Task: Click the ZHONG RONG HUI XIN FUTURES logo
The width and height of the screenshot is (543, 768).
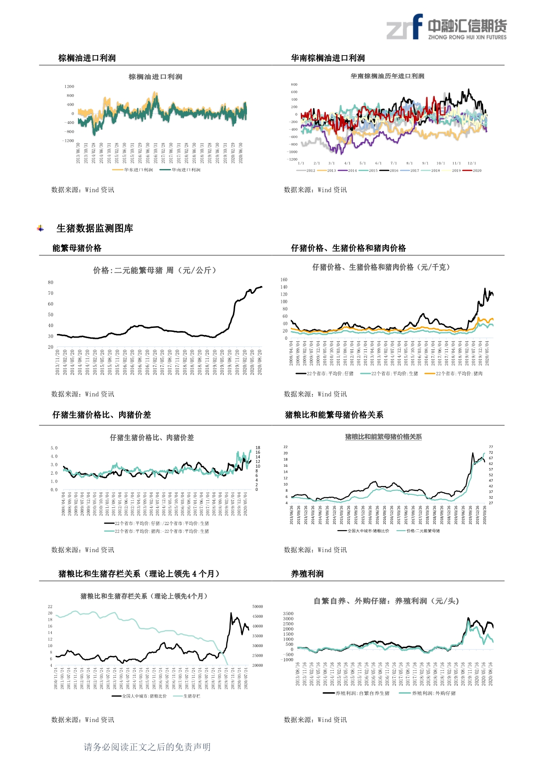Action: click(x=446, y=27)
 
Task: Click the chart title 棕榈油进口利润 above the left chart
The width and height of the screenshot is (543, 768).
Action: click(x=155, y=77)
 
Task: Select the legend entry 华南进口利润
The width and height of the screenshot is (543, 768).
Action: click(x=186, y=170)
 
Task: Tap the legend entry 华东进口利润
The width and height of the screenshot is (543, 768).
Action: click(x=138, y=170)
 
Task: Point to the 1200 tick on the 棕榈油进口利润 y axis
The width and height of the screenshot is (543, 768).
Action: click(x=69, y=87)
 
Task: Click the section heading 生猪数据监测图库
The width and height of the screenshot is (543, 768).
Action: click(x=95, y=229)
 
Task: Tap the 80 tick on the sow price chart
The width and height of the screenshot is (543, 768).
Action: click(x=51, y=282)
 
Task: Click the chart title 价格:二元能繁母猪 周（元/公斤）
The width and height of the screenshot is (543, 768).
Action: click(x=155, y=271)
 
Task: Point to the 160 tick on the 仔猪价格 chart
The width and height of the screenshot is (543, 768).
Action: click(x=284, y=280)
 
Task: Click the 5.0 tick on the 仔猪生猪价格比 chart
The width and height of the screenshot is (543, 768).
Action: click(x=54, y=448)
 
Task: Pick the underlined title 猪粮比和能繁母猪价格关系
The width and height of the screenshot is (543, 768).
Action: click(x=383, y=437)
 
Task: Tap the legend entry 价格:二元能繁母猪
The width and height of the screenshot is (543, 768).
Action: click(x=423, y=531)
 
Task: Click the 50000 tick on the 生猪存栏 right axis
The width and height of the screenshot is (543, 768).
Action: click(x=257, y=607)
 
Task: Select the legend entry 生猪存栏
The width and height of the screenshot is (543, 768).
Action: click(x=191, y=696)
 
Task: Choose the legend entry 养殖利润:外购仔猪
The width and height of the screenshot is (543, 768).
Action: click(x=434, y=694)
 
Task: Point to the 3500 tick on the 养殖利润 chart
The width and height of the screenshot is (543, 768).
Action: click(x=288, y=614)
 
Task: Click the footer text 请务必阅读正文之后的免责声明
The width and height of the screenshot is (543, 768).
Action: click(x=147, y=747)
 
